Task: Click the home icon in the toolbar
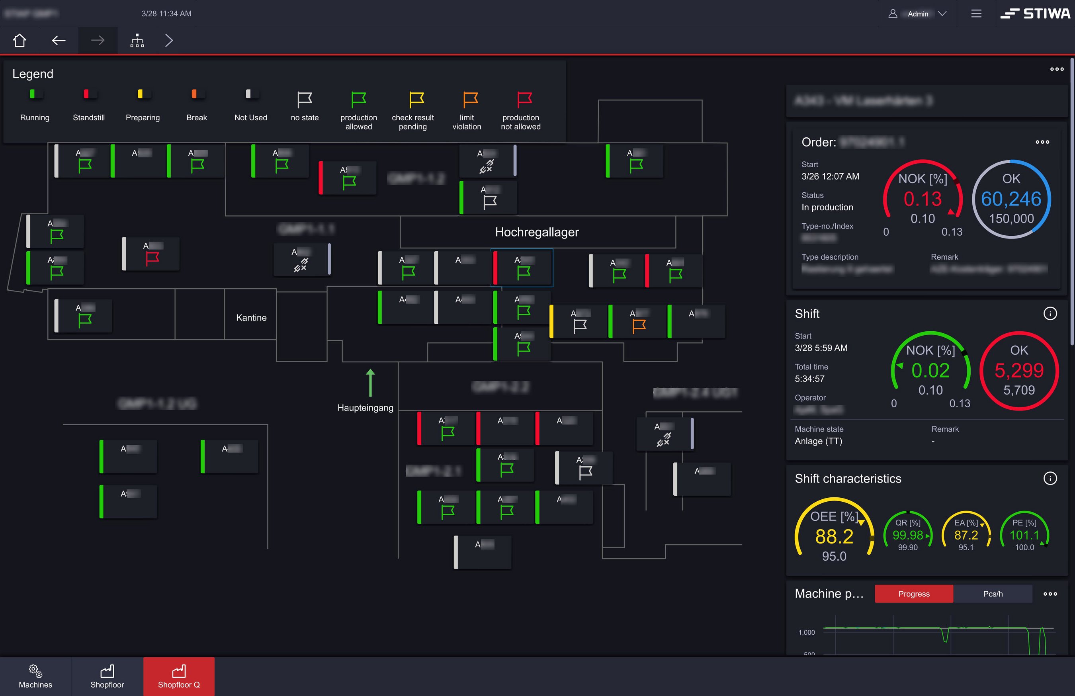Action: click(20, 41)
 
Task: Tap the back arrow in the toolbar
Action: click(59, 41)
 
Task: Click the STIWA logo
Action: click(1035, 14)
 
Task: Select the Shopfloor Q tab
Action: click(179, 676)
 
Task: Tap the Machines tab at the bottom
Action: click(35, 676)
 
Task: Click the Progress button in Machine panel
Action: click(913, 594)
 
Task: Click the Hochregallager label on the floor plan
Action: click(537, 232)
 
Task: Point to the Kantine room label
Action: click(251, 317)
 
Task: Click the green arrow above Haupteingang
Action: click(370, 382)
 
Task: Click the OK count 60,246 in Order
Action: click(1011, 199)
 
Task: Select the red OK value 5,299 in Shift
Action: click(1018, 370)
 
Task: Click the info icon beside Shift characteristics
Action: click(1050, 478)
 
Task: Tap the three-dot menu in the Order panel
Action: click(1042, 142)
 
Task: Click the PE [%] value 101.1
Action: click(1024, 535)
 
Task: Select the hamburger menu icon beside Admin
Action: click(976, 14)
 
